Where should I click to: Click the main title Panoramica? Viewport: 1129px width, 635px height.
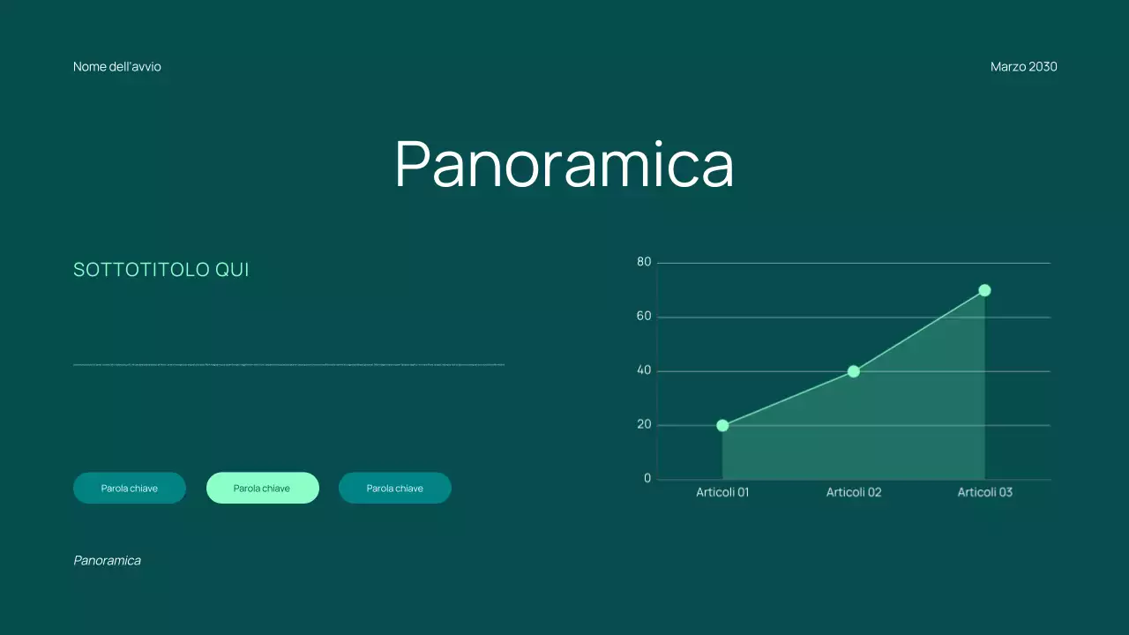tap(564, 163)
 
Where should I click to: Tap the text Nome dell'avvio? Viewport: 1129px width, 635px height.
tap(117, 67)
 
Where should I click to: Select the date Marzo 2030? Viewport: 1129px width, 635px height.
tap(1023, 67)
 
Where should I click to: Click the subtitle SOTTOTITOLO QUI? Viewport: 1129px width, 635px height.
tap(161, 270)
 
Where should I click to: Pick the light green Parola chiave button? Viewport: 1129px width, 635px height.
tap(263, 488)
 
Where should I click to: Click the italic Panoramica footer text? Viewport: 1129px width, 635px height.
tap(107, 560)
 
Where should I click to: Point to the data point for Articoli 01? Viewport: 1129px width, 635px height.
tap(722, 425)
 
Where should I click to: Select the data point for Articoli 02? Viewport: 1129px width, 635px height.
tap(853, 371)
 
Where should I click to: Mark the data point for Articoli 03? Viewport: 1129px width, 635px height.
tap(984, 290)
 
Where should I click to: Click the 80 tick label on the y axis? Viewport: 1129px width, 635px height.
tap(644, 262)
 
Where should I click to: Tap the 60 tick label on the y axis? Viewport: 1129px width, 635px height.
tap(644, 317)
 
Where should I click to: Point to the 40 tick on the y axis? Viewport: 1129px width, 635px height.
tap(644, 370)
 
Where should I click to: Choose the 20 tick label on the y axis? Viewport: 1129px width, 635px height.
tap(644, 424)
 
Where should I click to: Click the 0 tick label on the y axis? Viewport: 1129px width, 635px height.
tap(647, 479)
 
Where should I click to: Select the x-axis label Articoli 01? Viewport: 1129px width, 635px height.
tap(722, 492)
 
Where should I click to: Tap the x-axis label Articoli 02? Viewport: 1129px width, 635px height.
tap(853, 492)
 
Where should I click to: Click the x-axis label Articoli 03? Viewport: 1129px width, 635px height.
tap(984, 492)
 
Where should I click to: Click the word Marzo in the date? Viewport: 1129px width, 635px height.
tap(1007, 67)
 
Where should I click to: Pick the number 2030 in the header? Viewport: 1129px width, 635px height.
tap(1043, 67)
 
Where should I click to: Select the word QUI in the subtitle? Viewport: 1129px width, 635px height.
tap(232, 270)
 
